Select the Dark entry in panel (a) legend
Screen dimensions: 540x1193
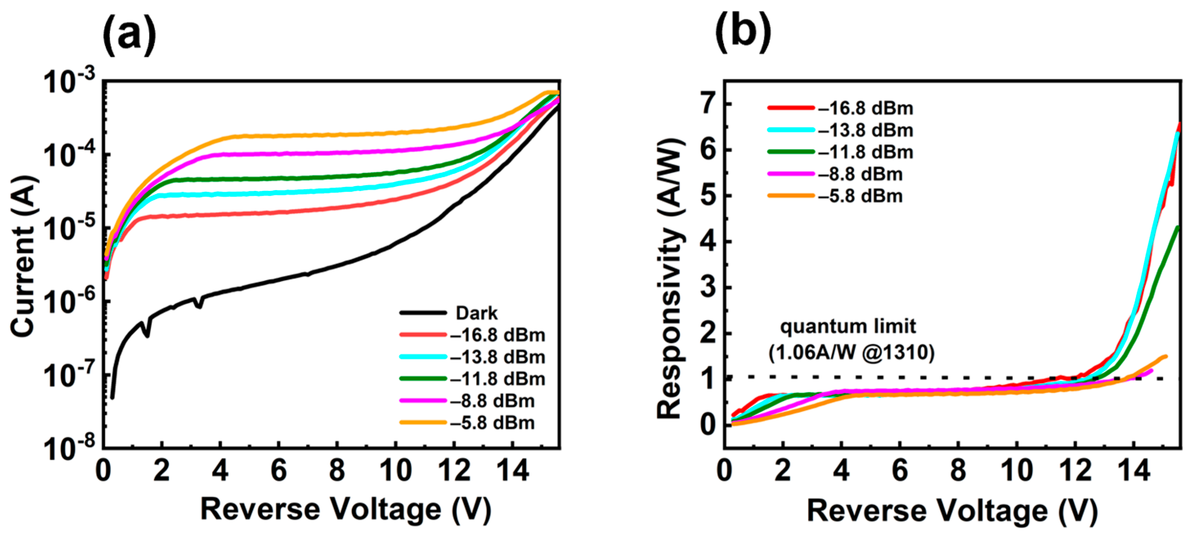(476, 313)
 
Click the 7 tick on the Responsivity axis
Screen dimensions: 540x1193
(709, 104)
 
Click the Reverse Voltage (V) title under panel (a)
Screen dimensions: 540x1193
(345, 509)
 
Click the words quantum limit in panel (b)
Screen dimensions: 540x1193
(848, 327)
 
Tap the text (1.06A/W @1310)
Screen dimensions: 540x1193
(851, 353)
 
